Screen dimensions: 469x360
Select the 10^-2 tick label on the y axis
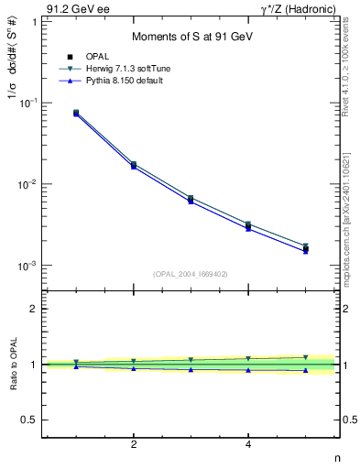point(28,184)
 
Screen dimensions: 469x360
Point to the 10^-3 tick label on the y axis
point(28,266)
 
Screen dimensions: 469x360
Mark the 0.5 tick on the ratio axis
point(29,420)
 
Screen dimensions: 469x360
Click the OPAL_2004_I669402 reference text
point(191,273)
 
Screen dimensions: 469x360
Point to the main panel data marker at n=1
point(76,113)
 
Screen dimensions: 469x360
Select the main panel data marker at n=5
point(306,248)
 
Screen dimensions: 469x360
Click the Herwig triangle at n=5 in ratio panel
point(306,357)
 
